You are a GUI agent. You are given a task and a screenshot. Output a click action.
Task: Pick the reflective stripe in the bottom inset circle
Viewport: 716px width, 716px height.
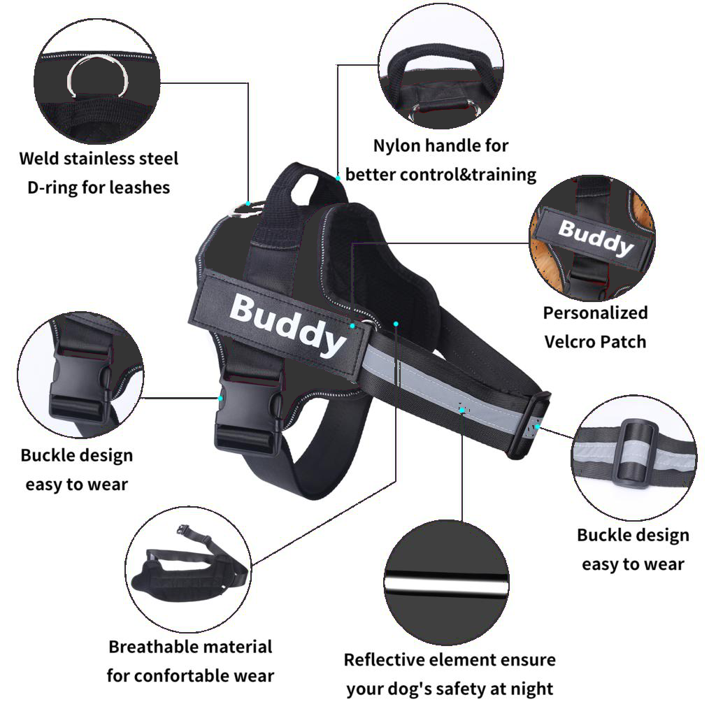tap(446, 583)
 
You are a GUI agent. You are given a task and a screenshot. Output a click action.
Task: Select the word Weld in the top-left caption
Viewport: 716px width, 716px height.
tap(39, 159)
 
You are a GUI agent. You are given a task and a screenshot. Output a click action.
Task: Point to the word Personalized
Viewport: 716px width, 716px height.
tap(596, 313)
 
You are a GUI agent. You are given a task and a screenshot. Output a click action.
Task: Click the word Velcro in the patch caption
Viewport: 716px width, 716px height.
tap(569, 342)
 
